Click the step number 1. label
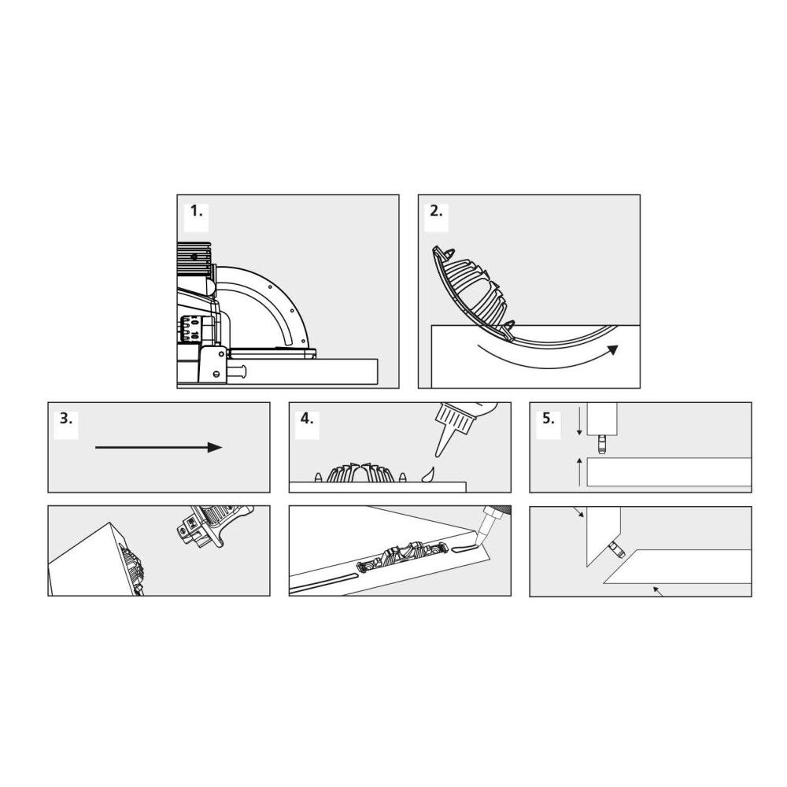point(196,211)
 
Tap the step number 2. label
point(436,211)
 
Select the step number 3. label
point(66,418)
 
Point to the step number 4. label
point(307,418)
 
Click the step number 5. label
point(547,418)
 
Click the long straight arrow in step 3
point(157,447)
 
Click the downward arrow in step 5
point(579,426)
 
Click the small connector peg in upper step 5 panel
point(604,445)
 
